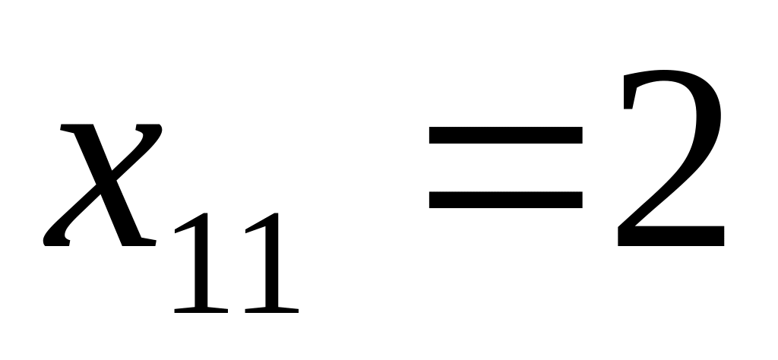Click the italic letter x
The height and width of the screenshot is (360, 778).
click(x=103, y=186)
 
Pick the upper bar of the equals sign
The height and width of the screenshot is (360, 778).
click(x=505, y=135)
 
